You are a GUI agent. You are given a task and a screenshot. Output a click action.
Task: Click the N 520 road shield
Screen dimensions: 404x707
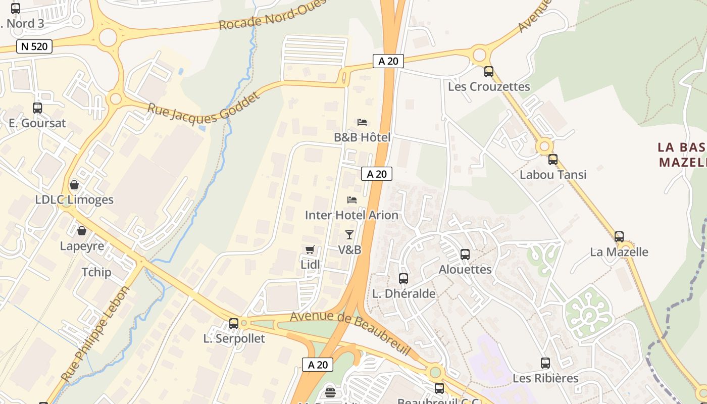(34, 47)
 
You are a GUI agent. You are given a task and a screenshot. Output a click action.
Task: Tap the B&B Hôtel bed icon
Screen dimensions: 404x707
(362, 122)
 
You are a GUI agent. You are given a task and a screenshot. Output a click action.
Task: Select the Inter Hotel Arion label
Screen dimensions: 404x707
(351, 215)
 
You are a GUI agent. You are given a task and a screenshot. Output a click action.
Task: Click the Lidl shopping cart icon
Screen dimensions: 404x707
(310, 250)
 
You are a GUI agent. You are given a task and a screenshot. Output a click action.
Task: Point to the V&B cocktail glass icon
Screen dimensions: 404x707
(349, 234)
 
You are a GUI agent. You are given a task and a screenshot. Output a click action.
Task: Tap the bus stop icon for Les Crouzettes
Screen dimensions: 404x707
(488, 72)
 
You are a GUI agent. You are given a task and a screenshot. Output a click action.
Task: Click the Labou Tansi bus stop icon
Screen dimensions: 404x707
(553, 160)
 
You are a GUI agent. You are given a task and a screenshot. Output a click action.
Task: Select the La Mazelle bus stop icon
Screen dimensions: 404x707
(619, 236)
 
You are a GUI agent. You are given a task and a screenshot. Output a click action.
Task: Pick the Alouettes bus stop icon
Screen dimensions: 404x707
(465, 255)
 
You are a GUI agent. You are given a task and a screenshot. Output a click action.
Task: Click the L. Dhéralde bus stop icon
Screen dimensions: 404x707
(403, 278)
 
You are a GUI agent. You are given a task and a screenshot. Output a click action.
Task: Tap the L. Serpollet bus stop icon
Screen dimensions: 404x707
(234, 323)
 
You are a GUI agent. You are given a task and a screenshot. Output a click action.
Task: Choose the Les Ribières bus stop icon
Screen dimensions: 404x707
(545, 363)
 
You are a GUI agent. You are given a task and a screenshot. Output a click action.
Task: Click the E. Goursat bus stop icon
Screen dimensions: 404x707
(37, 108)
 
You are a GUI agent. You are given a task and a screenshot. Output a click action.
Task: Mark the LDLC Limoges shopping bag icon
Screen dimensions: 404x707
(74, 185)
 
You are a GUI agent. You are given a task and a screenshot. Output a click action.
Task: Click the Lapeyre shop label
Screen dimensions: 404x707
(82, 246)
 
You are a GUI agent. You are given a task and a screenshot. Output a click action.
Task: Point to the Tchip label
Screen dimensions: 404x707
(96, 272)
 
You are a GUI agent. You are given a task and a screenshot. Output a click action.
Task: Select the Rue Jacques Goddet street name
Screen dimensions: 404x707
(203, 106)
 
